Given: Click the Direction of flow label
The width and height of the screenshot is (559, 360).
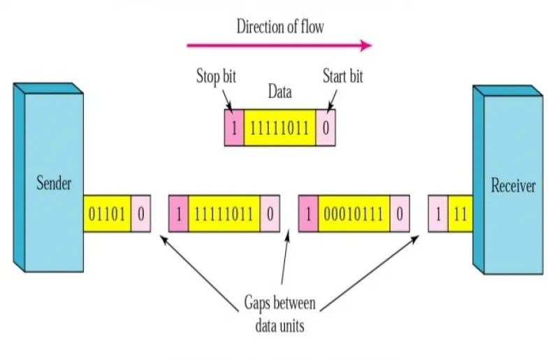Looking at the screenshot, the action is tap(280, 27).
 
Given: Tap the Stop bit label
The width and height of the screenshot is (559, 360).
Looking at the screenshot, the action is tap(216, 76).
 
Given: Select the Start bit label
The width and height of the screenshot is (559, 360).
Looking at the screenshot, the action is tap(342, 76).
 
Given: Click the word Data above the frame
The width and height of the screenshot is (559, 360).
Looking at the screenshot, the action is tap(280, 92).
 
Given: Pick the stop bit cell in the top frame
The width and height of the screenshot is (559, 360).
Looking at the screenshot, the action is tap(234, 128).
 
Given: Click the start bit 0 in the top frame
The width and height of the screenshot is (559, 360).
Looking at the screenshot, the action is tap(326, 128).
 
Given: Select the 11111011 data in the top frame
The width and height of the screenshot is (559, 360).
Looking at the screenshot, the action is tap(280, 128).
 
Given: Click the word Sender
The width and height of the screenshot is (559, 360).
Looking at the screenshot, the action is tap(54, 183).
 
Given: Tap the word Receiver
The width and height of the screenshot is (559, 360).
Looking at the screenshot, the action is tap(513, 185).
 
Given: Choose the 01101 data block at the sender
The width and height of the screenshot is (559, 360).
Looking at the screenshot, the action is tap(108, 214).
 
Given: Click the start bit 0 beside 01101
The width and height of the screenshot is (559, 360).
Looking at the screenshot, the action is tap(141, 214).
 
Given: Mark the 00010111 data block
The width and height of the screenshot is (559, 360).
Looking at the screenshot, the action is tap(354, 214).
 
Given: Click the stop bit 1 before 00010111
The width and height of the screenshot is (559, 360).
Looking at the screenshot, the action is tap(308, 214).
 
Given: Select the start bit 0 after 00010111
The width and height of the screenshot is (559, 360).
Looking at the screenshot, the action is tap(400, 214).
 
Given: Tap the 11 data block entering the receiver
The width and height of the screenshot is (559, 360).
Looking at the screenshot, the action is tap(460, 214).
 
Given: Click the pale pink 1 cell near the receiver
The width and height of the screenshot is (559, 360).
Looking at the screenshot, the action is tap(438, 214).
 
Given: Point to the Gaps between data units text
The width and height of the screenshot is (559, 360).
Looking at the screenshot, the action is tap(280, 315).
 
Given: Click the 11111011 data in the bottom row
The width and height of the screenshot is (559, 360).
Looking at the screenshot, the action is tap(224, 214).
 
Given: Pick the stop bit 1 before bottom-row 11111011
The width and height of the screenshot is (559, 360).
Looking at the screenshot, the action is tap(179, 214).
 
